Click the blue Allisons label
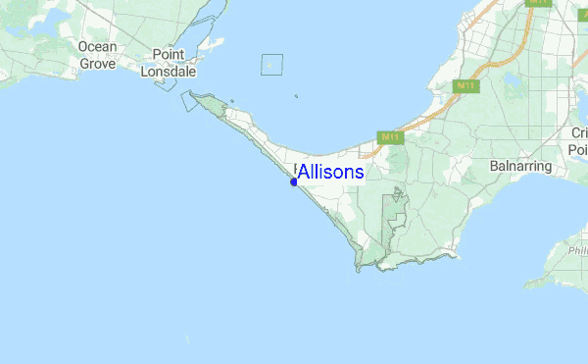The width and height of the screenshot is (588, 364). (x=331, y=173)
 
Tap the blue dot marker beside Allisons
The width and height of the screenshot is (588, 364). (x=294, y=182)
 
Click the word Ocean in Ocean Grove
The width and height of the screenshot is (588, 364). (x=98, y=47)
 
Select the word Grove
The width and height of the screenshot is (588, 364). (x=98, y=63)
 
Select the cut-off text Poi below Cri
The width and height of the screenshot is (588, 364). (x=577, y=148)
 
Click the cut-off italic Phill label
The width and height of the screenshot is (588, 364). (x=577, y=251)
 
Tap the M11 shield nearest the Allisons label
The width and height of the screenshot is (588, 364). (x=392, y=138)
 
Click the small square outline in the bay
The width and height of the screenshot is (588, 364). (x=271, y=65)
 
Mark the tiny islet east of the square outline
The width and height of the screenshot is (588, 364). (x=296, y=96)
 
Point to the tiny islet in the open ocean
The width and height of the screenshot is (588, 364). (x=187, y=340)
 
